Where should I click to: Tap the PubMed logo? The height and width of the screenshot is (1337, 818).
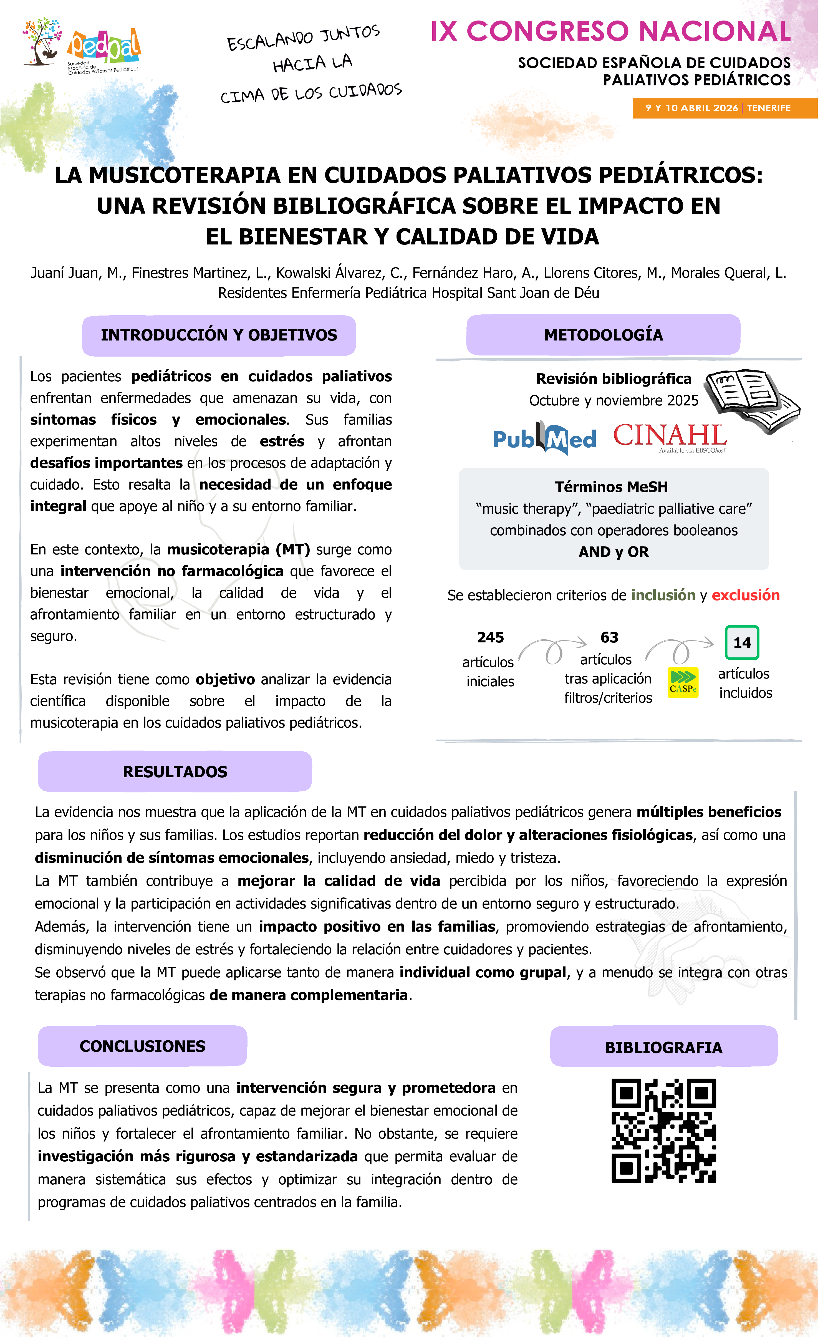tap(544, 438)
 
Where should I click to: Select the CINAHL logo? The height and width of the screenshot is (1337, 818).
tap(670, 437)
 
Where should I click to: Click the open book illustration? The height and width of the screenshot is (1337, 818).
tap(751, 399)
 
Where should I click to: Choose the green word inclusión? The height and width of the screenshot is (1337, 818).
tap(663, 595)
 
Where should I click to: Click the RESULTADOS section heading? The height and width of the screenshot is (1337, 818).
tap(175, 772)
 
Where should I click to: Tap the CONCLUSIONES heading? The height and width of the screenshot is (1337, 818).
tap(142, 1046)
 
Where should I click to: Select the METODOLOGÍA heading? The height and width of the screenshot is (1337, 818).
tap(603, 335)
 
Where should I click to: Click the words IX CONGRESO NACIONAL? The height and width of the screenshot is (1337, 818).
tap(610, 31)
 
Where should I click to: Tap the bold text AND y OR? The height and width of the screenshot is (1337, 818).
tap(613, 552)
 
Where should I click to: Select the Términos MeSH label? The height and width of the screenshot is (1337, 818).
tap(611, 487)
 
